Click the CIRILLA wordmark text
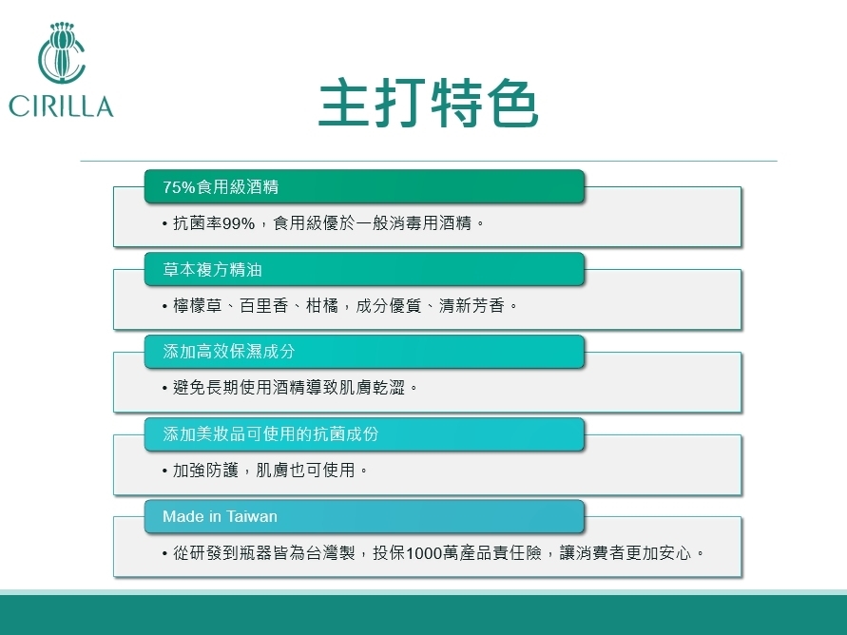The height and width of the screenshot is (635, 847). [61, 106]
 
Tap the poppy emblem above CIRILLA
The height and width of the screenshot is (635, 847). [62, 52]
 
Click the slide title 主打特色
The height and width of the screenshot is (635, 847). [429, 103]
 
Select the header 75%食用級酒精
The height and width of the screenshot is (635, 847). [221, 187]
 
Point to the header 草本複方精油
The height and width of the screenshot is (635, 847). [212, 269]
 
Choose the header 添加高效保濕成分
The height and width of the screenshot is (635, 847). [229, 352]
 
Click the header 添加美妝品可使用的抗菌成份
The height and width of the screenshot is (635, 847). [271, 434]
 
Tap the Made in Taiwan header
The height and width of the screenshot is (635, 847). [220, 517]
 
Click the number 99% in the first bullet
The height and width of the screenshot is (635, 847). [239, 223]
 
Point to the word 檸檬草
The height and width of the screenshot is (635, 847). [198, 306]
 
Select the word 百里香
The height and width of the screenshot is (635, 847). [263, 306]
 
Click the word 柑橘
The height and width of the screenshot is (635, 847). [322, 306]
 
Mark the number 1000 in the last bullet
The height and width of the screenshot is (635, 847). [424, 553]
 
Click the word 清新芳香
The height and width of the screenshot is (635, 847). [472, 306]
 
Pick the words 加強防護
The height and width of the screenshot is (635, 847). [205, 471]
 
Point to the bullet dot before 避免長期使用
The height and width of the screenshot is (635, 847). [164, 388]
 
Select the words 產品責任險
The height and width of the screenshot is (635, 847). [500, 553]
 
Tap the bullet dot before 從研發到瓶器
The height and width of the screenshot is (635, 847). [164, 553]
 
